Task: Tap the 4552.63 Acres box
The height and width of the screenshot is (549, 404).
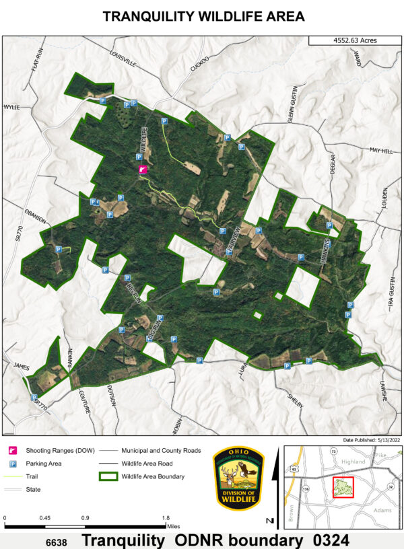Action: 354,40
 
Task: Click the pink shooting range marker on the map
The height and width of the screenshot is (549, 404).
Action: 142,170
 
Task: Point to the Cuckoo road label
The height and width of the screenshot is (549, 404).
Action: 200,65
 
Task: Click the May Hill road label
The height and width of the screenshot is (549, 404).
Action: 380,151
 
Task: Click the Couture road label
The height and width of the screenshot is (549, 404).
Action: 83,401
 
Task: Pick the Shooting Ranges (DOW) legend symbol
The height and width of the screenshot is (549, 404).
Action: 12,450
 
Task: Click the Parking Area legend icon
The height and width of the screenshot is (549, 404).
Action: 12,464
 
